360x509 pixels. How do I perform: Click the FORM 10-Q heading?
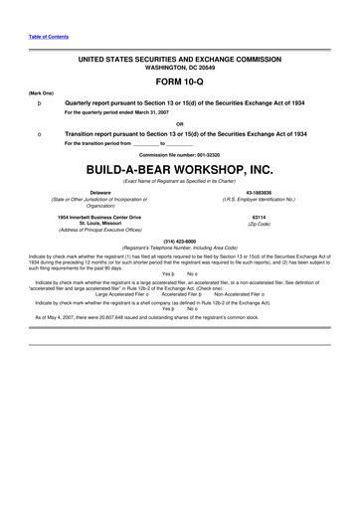[180, 85]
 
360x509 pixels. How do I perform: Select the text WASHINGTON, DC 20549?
[180, 69]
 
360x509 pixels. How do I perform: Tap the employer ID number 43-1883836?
[257, 192]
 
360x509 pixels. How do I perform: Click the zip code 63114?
[257, 215]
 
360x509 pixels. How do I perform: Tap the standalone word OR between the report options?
[179, 123]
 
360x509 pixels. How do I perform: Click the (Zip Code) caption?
[257, 223]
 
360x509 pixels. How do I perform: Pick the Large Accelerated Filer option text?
[122, 294]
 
